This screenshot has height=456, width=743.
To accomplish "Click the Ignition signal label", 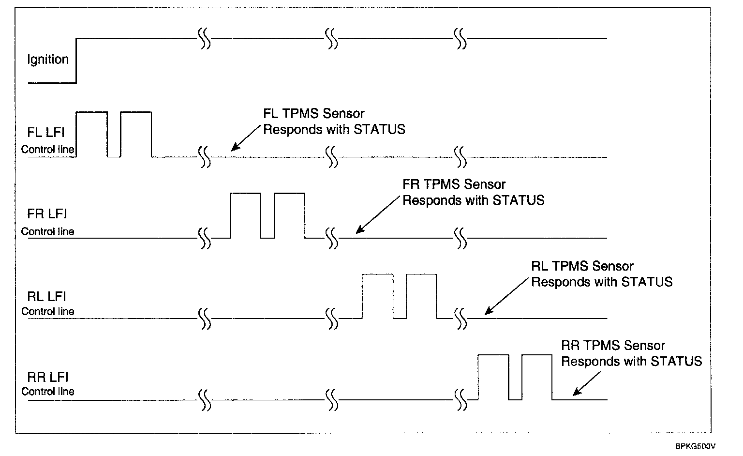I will (48, 60).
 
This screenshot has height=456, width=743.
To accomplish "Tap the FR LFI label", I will (47, 214).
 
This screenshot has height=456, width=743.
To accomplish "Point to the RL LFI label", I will (47, 296).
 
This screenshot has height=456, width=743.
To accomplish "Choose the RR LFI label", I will (47, 377).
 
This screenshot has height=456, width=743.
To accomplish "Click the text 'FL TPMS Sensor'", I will (313, 114).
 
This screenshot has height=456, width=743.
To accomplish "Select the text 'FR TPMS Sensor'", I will (454, 184).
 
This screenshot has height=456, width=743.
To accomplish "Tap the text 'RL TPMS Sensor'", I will (582, 266).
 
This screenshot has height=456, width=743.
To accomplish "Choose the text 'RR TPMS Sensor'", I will (613, 346).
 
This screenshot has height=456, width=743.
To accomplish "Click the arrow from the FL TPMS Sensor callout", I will (247, 137).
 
